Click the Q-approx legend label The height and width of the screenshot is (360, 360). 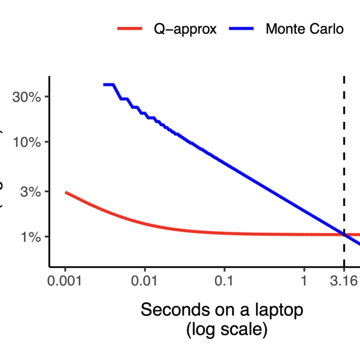tap(185, 29)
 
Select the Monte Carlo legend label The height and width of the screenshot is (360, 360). tap(304, 29)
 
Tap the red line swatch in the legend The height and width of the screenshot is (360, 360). tap(130, 29)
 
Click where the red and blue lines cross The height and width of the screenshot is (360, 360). tap(344, 235)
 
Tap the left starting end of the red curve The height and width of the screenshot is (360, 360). tap(65, 192)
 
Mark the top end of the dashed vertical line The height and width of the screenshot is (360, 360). tap(344, 77)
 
